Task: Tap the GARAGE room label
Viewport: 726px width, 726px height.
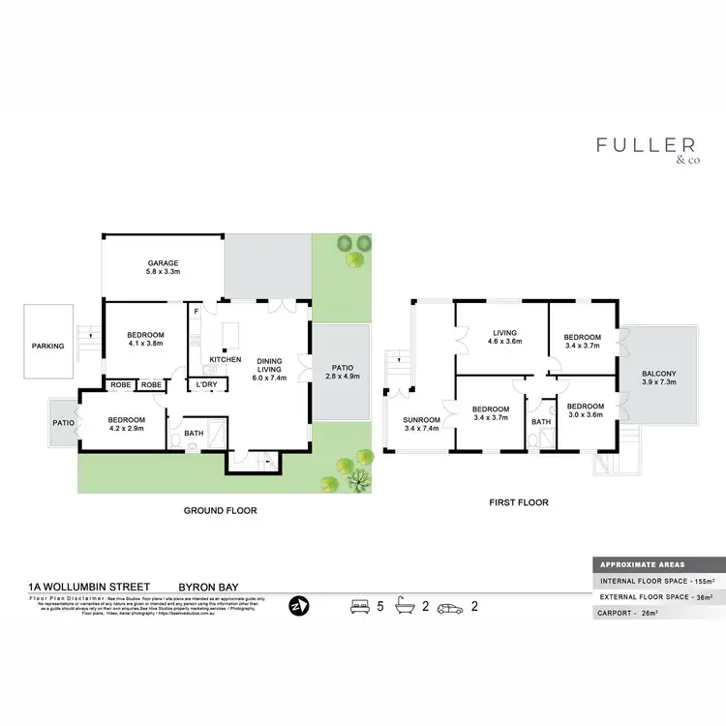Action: (x=164, y=262)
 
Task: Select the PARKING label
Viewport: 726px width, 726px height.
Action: (x=47, y=346)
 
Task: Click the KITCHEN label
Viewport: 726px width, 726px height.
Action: (x=226, y=359)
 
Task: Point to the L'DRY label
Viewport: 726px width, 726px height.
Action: (x=205, y=385)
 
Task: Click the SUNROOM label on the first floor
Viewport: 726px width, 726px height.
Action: (x=421, y=419)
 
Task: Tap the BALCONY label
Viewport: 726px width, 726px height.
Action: (x=659, y=374)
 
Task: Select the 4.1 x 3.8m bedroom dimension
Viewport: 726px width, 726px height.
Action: (x=144, y=343)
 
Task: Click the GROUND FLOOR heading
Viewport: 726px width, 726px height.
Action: (x=220, y=510)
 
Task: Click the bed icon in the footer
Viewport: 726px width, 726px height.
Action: (x=359, y=607)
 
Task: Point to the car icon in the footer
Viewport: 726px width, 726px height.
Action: (x=451, y=607)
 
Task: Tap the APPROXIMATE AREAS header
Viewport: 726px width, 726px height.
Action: (x=644, y=564)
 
